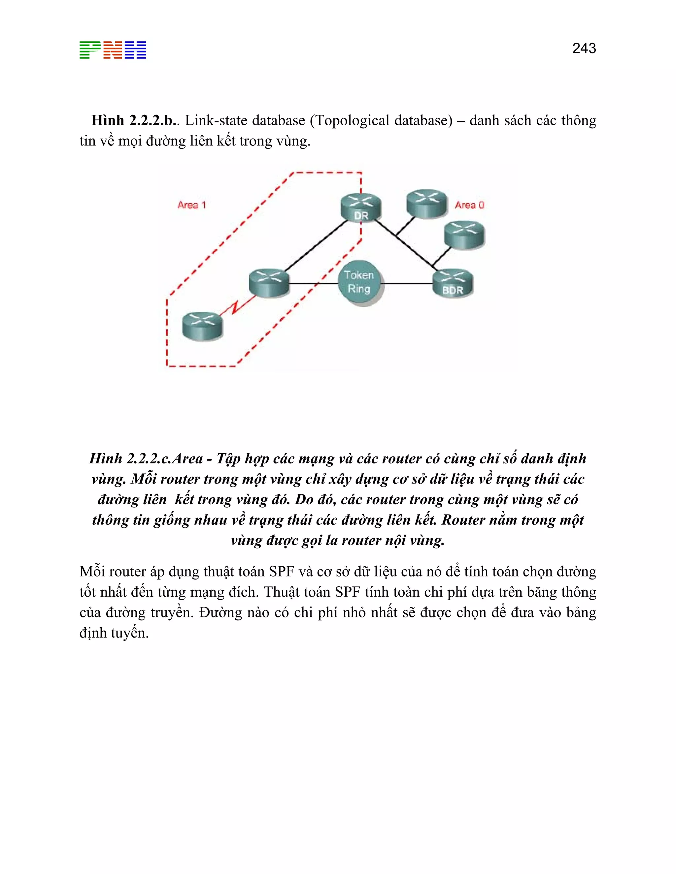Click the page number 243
(584, 48)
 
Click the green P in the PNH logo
(90, 50)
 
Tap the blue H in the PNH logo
(135, 50)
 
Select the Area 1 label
(191, 205)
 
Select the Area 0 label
(469, 205)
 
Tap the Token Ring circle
(359, 282)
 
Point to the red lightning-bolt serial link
(237, 306)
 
